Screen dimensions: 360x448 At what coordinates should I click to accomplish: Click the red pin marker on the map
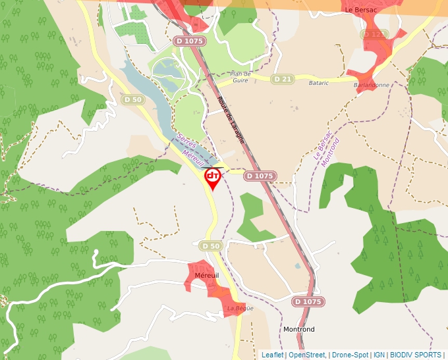213,178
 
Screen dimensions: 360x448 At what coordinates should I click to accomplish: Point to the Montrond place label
298,329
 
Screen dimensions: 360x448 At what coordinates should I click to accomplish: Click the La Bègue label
239,308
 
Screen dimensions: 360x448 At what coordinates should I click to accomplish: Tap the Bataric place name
319,83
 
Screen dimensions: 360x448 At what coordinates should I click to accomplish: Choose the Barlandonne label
372,85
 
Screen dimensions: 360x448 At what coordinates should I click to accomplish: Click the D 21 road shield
282,79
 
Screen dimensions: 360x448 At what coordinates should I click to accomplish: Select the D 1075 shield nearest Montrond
308,301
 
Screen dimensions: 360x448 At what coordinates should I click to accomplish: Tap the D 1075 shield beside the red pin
260,176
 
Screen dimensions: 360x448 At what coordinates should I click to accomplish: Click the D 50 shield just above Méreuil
210,245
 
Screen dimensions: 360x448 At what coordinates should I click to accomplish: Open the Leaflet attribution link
272,355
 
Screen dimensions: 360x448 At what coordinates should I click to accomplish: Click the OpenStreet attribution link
307,355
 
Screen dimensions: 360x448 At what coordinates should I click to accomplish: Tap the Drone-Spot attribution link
349,355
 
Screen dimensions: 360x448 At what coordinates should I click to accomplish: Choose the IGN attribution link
379,355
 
